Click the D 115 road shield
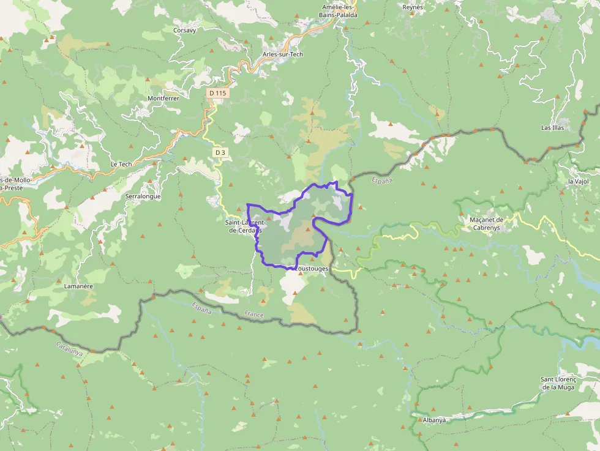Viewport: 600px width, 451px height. tap(217, 93)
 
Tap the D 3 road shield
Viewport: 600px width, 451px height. tap(220, 152)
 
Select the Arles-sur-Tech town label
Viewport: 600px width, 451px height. tap(282, 54)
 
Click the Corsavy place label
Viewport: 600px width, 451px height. tap(184, 29)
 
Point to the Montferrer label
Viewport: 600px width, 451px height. tap(163, 98)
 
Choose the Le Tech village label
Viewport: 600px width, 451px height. tap(121, 164)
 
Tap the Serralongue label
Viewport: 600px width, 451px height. tap(143, 196)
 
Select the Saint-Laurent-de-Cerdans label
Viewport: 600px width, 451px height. tap(244, 226)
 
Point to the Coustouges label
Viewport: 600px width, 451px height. tap(312, 269)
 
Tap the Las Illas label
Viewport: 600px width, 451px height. tap(553, 128)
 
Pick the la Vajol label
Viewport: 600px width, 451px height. tap(579, 181)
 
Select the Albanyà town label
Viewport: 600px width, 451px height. tap(434, 420)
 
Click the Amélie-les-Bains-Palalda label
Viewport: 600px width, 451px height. tap(340, 11)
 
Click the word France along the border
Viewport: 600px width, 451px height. tap(253, 315)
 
